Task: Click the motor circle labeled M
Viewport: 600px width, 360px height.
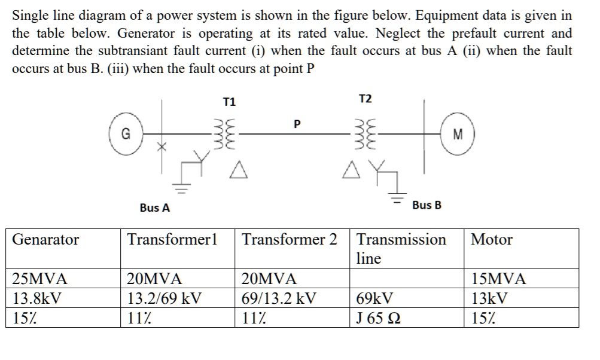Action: pyautogui.click(x=458, y=134)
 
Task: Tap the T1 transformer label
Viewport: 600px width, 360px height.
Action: pyautogui.click(x=229, y=102)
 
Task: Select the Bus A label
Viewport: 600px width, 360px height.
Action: pyautogui.click(x=154, y=208)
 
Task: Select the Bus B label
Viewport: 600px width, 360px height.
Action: pyautogui.click(x=427, y=205)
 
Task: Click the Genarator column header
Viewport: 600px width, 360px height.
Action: pyautogui.click(x=45, y=240)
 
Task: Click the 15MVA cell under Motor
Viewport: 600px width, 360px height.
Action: pyautogui.click(x=498, y=279)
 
